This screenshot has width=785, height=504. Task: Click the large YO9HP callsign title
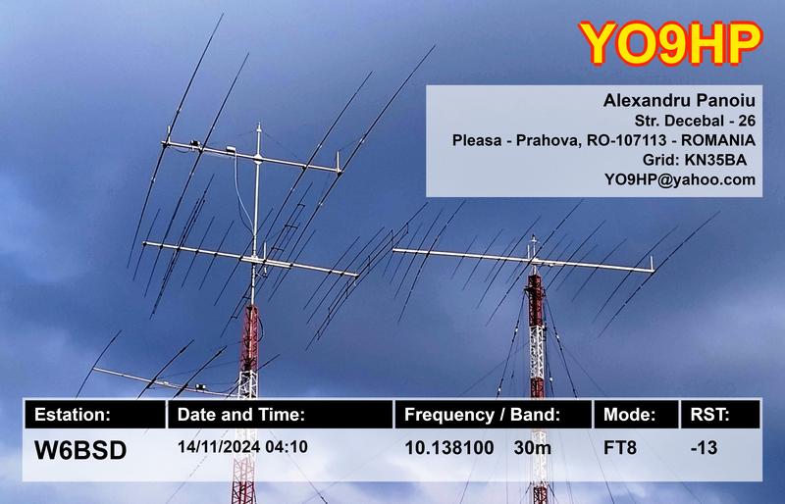coord(670,41)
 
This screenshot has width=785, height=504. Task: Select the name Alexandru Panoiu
coord(677,102)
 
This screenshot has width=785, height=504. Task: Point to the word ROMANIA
coord(713,140)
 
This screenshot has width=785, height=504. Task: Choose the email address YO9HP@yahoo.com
coord(680,178)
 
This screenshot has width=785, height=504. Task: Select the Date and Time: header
coord(241,415)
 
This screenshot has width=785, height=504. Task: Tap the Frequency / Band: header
coord(482,415)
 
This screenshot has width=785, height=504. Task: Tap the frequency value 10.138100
coord(448,448)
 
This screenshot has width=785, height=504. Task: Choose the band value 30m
coord(533,448)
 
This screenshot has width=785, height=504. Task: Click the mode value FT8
coord(620,448)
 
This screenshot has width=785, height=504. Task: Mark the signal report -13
coord(705,448)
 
